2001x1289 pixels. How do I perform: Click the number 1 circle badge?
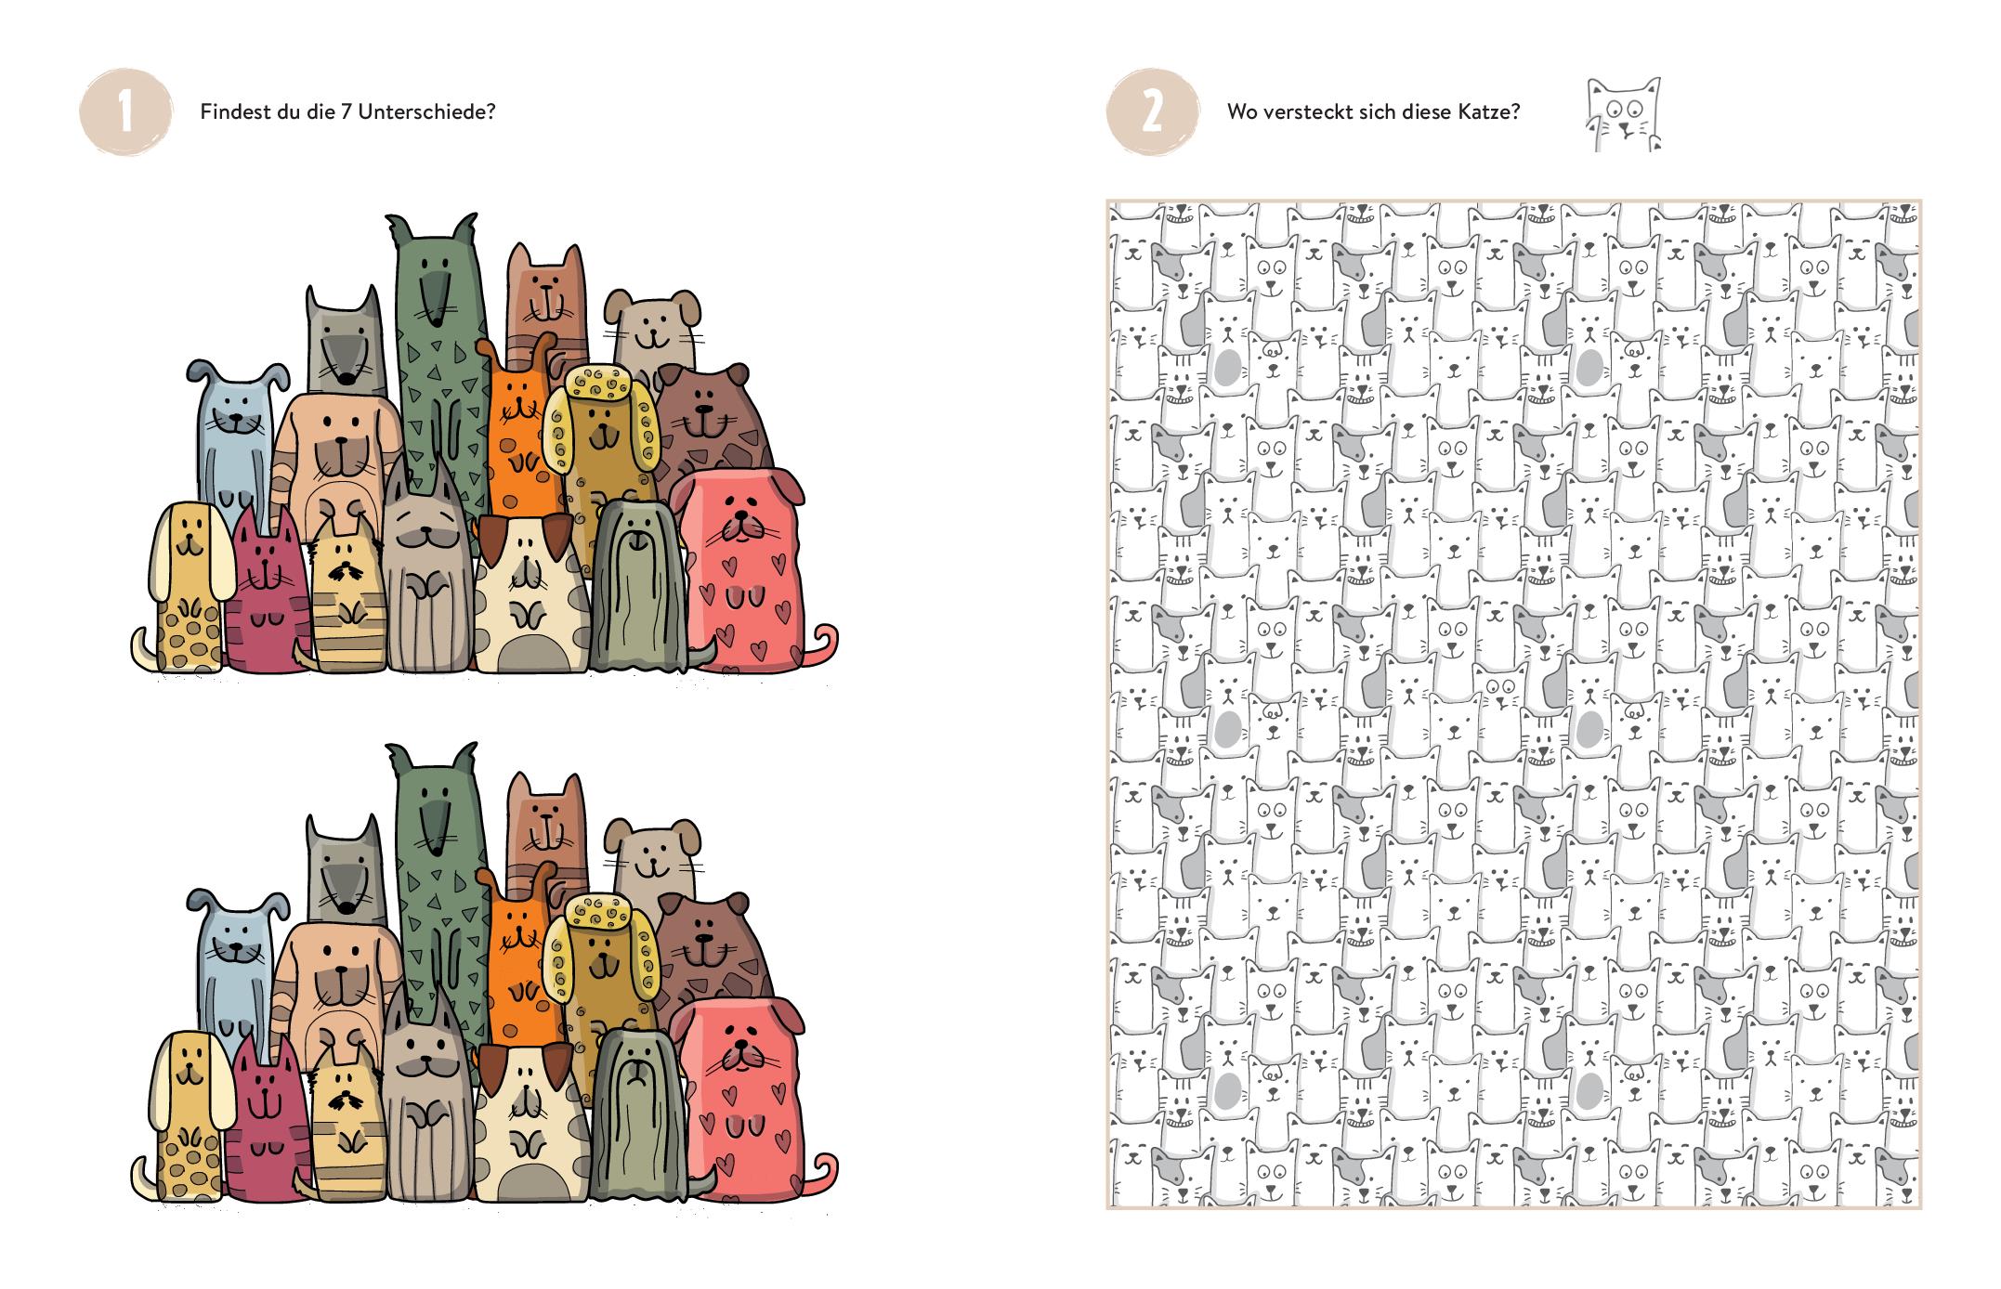coord(125,113)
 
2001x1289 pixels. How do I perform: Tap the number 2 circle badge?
coord(1152,113)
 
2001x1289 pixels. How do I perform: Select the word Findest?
coord(232,112)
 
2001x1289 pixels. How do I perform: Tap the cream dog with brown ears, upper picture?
coord(530,594)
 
